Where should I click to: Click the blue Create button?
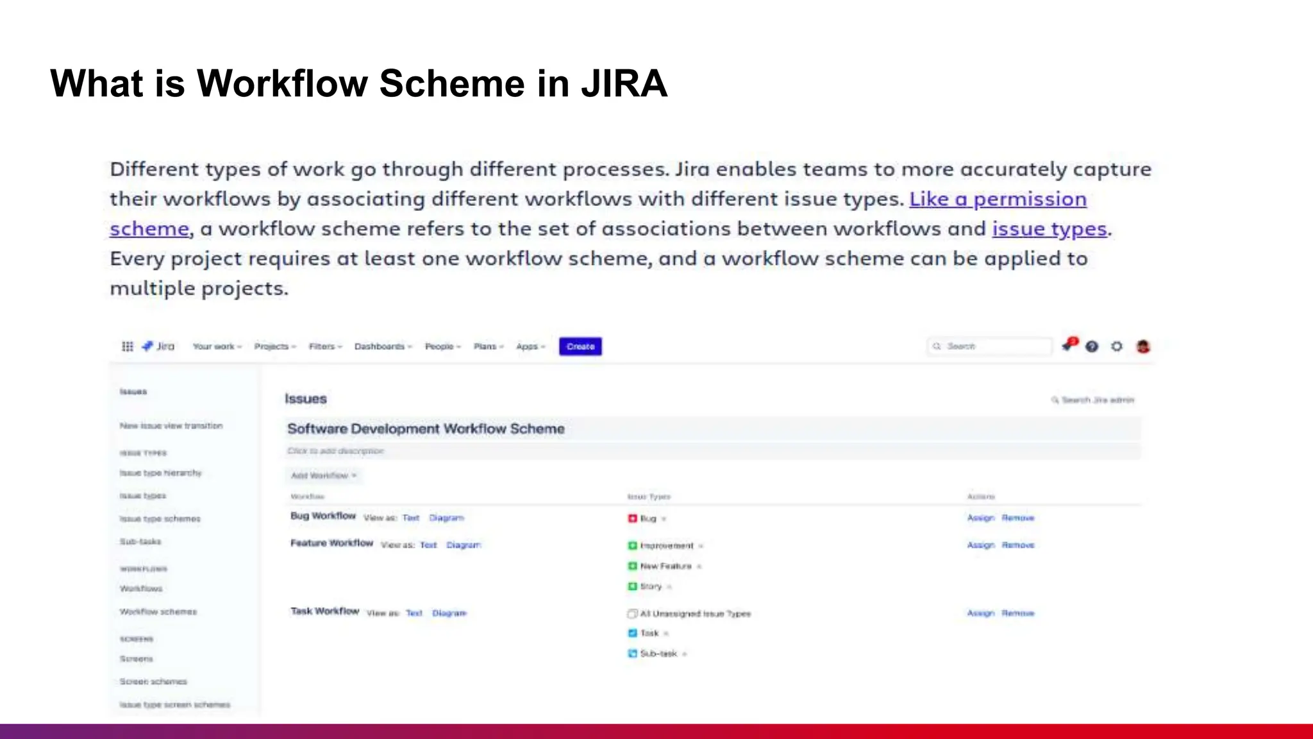coord(580,346)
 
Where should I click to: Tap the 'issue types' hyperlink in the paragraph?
coord(1050,229)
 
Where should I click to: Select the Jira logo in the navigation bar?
coord(158,346)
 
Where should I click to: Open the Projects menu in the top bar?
coord(274,346)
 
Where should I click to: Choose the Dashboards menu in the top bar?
coord(383,346)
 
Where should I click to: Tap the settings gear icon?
coord(1117,346)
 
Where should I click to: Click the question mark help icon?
coord(1092,346)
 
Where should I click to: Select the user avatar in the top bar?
coord(1143,346)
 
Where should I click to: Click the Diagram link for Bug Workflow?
coord(446,518)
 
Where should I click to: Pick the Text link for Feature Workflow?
coord(428,545)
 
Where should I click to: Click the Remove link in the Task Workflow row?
coord(1018,613)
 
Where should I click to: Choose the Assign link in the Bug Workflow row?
coord(980,518)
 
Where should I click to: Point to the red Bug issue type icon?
coord(632,518)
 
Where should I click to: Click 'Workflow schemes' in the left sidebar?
coord(158,611)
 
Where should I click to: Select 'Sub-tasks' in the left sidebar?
coord(140,541)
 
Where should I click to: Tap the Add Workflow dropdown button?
coord(324,475)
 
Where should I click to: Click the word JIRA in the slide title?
coord(624,83)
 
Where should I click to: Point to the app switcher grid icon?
coord(128,346)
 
